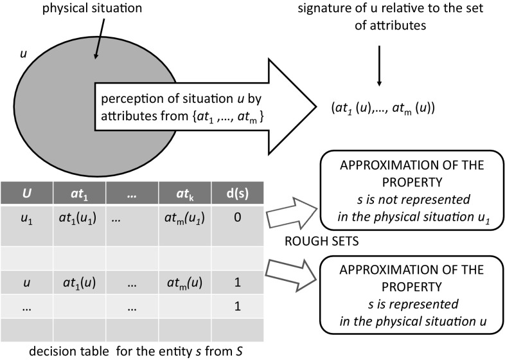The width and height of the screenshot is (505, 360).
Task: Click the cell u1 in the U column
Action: click(x=27, y=219)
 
